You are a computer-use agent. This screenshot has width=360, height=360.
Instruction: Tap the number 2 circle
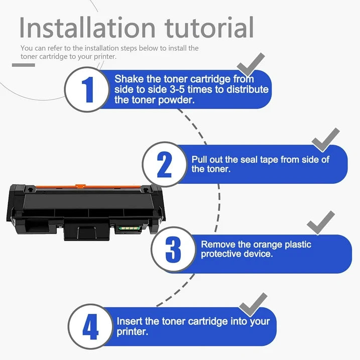coord(164,164)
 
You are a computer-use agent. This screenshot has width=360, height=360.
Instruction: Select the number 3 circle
coord(173,249)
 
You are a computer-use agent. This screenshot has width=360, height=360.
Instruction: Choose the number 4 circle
coord(90,327)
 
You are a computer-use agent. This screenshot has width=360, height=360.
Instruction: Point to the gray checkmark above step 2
coord(325,139)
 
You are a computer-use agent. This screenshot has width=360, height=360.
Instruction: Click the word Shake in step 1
coord(128,79)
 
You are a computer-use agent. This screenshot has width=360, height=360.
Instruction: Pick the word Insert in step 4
coord(130,321)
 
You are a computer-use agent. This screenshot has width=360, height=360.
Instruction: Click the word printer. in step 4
coord(132,332)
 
